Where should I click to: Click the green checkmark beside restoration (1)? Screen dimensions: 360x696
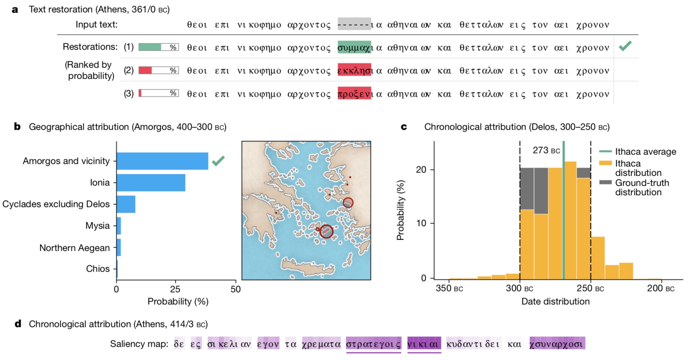625,46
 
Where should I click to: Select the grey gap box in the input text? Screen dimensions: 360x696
354,24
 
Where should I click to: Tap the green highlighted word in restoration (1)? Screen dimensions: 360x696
354,47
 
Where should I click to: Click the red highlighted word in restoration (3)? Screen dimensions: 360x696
354,93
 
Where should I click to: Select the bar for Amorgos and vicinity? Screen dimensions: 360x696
162,161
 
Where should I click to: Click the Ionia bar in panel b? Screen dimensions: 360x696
151,183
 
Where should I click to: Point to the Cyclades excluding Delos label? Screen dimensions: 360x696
56,204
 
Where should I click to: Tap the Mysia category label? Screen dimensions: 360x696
97,226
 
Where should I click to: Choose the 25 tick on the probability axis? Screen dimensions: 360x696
175,290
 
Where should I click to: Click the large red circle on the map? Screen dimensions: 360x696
326,231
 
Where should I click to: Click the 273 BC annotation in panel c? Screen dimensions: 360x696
546,150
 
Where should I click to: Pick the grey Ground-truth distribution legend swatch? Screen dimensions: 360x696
606,183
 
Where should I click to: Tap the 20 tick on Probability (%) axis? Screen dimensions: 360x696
421,170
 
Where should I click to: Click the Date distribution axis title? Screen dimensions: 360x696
555,301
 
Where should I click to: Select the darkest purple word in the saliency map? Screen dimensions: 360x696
424,344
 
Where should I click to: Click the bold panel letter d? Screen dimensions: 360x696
18,324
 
